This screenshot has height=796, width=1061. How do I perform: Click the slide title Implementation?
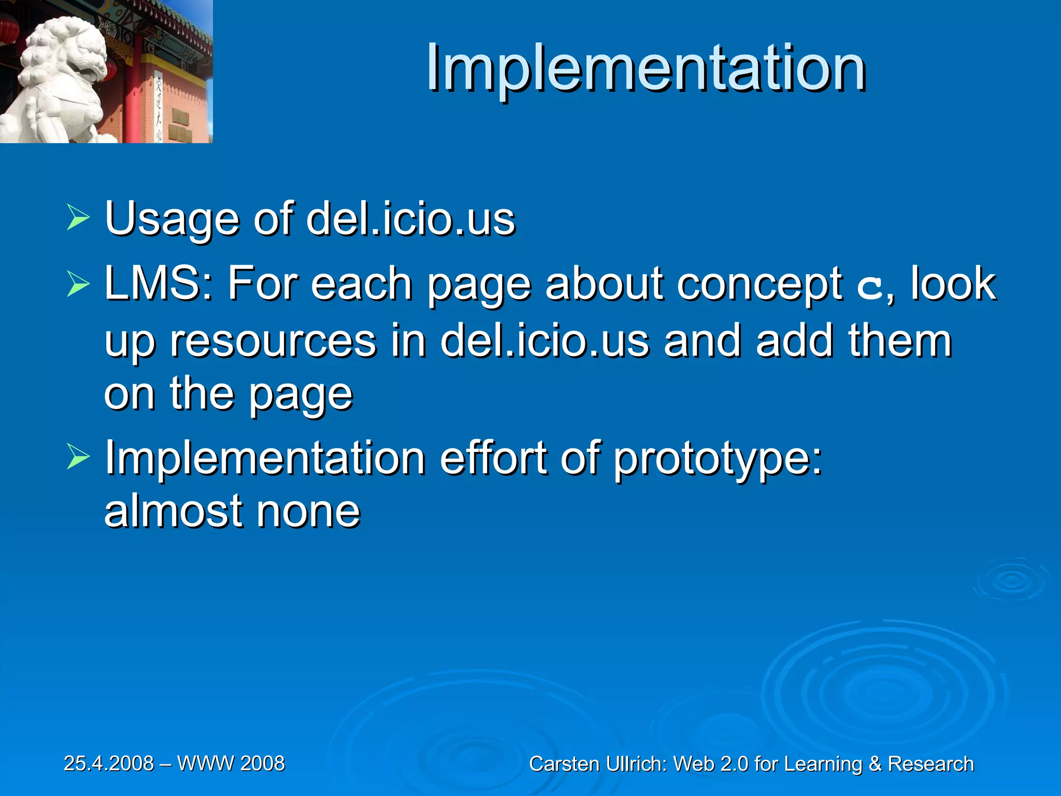click(x=646, y=68)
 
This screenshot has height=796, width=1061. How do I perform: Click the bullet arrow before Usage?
click(x=78, y=219)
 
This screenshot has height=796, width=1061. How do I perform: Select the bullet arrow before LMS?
click(x=78, y=284)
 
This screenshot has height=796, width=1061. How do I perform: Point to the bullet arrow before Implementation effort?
click(x=78, y=458)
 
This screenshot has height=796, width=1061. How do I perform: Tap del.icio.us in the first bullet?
click(x=410, y=219)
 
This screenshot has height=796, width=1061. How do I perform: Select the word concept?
click(x=761, y=285)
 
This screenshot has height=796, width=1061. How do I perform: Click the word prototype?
click(x=718, y=459)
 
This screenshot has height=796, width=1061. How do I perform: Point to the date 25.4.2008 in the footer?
click(x=109, y=763)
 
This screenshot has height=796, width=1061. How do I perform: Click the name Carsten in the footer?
click(x=565, y=764)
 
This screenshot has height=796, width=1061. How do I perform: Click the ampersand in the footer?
click(x=875, y=764)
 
